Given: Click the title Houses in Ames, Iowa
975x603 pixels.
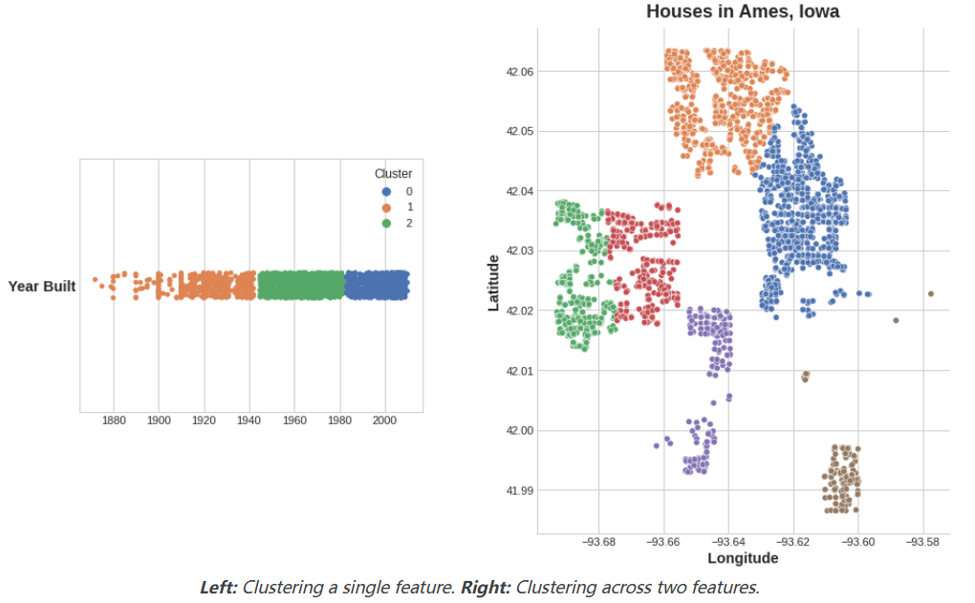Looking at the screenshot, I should [x=743, y=12].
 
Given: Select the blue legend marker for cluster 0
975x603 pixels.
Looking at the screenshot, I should [x=387, y=191].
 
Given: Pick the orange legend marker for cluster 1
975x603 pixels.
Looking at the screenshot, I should [x=387, y=207].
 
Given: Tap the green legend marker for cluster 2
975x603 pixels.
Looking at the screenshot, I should [x=387, y=224].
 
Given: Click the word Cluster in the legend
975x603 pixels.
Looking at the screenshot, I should [x=393, y=174].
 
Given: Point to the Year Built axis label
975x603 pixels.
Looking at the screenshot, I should [x=42, y=286].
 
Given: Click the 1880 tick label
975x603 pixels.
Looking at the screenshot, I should [x=114, y=420].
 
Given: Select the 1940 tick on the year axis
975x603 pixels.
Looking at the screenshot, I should [x=249, y=420].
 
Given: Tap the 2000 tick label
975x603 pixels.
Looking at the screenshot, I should [x=385, y=420].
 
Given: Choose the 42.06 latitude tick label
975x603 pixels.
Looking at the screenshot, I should [x=520, y=72].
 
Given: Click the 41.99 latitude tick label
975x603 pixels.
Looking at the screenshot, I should [x=520, y=490].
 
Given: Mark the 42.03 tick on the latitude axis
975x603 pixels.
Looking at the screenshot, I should [x=520, y=250].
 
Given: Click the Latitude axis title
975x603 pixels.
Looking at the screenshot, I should [x=494, y=282].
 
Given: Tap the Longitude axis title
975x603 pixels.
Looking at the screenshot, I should [x=743, y=558].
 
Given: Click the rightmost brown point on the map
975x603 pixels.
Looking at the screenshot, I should [x=931, y=293].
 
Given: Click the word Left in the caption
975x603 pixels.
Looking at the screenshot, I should [x=219, y=588].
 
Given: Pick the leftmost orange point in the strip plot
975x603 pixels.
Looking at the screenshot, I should [x=95, y=279].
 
